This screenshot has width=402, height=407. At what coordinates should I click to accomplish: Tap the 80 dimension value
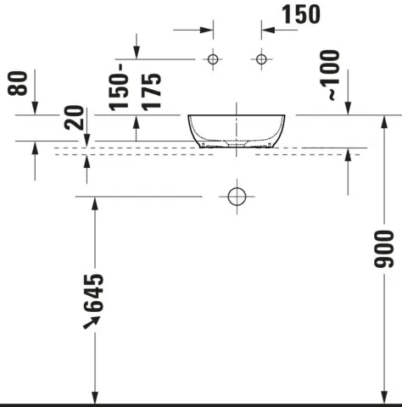[x=22, y=84]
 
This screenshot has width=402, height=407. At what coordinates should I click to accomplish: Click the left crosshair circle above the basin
[x=213, y=59]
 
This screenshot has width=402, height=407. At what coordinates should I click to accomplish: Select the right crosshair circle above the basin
[x=260, y=59]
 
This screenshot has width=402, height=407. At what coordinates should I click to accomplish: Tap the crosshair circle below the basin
[x=237, y=196]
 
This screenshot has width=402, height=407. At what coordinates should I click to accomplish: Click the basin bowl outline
[x=242, y=131]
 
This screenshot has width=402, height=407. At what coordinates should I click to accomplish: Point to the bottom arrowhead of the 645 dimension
[x=95, y=399]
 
